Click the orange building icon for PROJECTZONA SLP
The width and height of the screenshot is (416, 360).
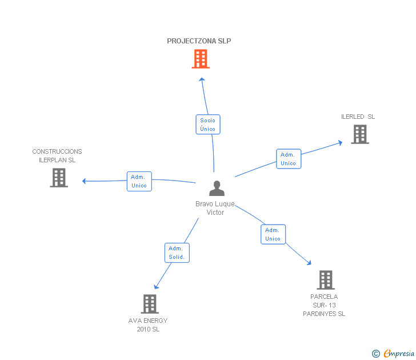pos(200,58)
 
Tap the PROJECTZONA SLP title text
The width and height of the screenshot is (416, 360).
pos(199,41)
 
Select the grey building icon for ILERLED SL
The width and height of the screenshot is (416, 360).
pos(359,134)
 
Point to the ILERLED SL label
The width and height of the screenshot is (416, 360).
pos(358,117)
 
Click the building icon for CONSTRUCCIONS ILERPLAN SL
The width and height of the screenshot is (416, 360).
pos(59,177)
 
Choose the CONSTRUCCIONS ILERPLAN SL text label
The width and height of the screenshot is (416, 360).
pos(57,156)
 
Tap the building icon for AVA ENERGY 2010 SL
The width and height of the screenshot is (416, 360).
pos(149,303)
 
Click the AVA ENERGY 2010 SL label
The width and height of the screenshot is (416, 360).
pos(148,325)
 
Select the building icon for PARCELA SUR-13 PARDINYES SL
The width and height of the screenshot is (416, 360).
pos(326,280)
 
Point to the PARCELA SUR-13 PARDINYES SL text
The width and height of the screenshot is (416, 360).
pos(324,305)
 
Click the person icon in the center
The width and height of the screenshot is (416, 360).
pos(217,189)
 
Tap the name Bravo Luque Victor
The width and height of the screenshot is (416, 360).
pos(215,208)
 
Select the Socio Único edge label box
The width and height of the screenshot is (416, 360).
pos(208,125)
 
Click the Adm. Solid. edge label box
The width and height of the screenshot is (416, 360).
pos(177,253)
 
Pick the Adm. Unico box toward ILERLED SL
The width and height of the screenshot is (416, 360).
pos(289,159)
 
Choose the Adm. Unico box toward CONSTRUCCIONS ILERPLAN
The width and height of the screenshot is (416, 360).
pos(139,181)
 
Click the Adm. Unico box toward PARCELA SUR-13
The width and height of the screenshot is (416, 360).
pos(273,234)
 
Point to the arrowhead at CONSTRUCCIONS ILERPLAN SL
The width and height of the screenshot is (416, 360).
pos(85,181)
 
